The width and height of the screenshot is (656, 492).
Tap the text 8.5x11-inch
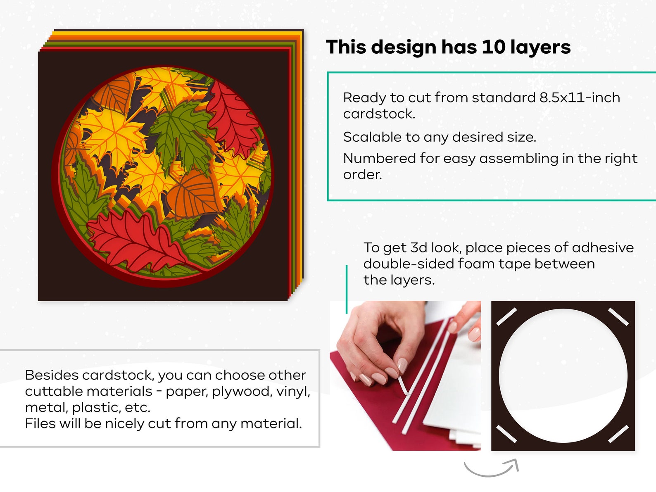pyautogui.click(x=580, y=97)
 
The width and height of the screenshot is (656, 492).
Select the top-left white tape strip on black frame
pyautogui.click(x=506, y=317)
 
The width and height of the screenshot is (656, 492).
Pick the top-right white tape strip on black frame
pyautogui.click(x=618, y=317)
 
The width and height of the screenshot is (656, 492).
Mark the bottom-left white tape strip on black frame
pyautogui.click(x=506, y=434)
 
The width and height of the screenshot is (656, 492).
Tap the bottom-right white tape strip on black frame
pyautogui.click(x=618, y=434)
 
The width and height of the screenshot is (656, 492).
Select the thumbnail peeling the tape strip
pyautogui.click(x=405, y=376)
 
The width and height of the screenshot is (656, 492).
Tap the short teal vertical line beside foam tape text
pyautogui.click(x=347, y=289)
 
